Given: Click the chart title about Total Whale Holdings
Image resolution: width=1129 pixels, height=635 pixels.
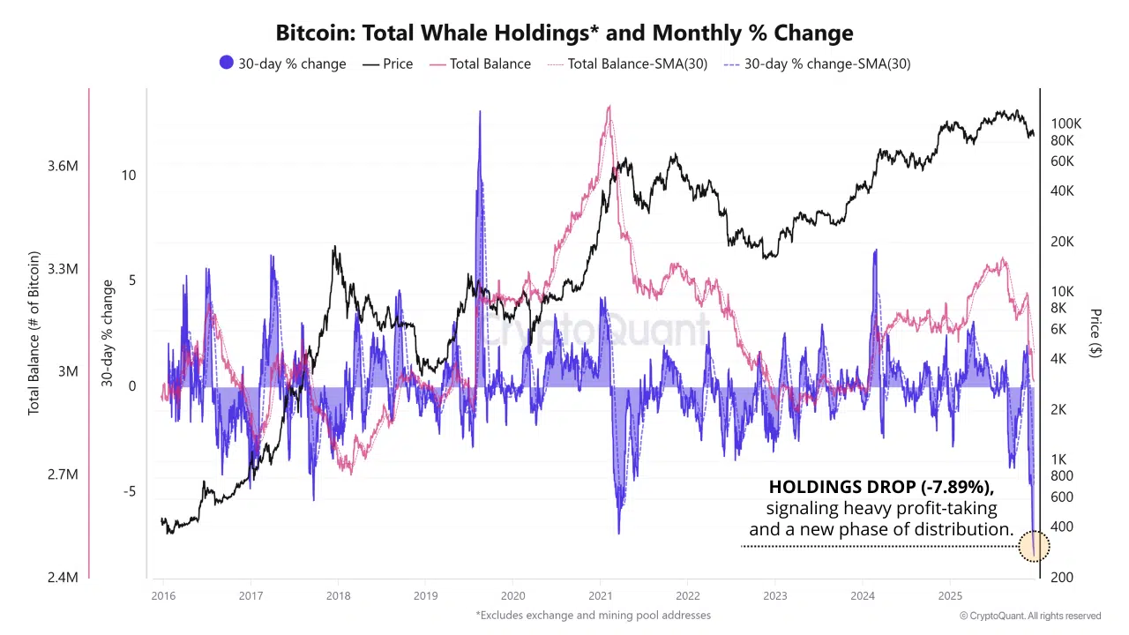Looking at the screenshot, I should (x=564, y=34).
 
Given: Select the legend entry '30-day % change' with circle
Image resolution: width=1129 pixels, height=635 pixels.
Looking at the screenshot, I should (x=282, y=63).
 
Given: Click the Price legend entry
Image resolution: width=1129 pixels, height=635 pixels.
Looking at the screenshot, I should (x=388, y=63).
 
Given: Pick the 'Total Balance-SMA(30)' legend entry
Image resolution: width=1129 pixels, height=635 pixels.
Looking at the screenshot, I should (x=628, y=63).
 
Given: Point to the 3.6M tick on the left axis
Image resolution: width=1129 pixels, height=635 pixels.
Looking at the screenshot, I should (x=63, y=166).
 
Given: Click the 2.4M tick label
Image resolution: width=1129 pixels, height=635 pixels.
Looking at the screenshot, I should (x=63, y=578).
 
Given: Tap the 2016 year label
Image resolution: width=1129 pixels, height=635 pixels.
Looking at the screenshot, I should (x=162, y=595).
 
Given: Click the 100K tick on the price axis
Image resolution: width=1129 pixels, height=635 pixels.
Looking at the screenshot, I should (x=1066, y=123).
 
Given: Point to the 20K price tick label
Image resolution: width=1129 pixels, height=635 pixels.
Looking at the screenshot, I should (x=1063, y=242).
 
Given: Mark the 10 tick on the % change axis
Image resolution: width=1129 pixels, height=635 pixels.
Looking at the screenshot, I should (x=129, y=175).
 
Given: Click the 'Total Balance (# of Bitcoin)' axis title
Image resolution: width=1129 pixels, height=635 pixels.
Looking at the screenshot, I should (x=34, y=333).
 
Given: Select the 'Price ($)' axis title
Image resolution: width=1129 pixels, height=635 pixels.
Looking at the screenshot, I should (x=1095, y=333).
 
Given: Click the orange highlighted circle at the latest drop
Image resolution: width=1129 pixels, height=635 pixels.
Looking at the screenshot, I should (x=1034, y=546).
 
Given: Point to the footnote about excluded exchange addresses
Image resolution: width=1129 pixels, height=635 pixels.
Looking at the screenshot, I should (x=593, y=615).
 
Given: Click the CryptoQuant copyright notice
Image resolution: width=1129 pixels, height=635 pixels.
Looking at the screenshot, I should (x=1030, y=616).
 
